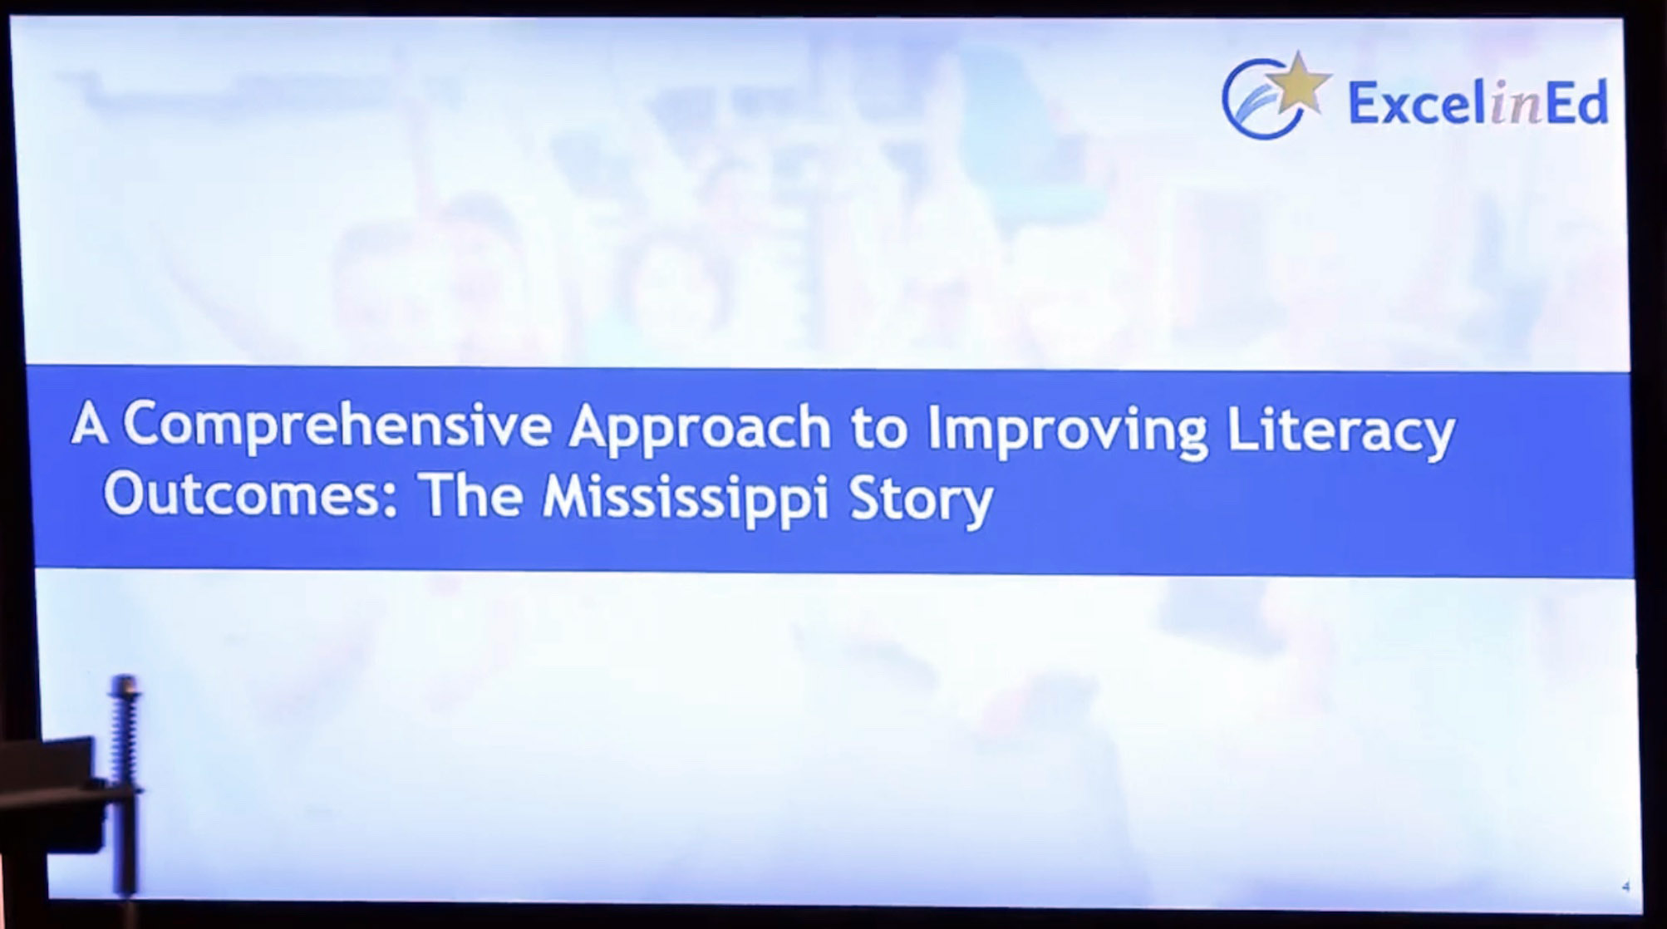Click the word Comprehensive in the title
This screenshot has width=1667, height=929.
337,425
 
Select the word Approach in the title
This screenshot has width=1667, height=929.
700,428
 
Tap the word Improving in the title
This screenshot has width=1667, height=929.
1067,430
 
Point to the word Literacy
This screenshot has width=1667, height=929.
1340,432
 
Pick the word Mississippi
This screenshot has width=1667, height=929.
686,499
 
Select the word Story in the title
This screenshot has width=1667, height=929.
921,500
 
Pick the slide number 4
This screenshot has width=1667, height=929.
1626,887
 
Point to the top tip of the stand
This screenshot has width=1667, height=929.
125,676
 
